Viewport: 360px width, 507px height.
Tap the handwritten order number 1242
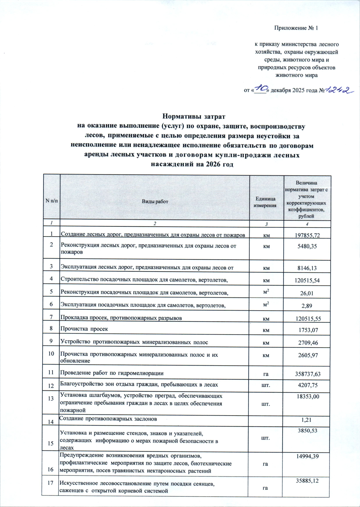pyautogui.click(x=339, y=90)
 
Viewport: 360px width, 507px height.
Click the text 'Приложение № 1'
pyautogui.click(x=296, y=28)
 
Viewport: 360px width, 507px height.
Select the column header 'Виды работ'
pyautogui.click(x=155, y=201)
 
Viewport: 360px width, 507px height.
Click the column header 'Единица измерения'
pyautogui.click(x=265, y=202)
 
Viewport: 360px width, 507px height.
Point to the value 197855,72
pyautogui.click(x=307, y=235)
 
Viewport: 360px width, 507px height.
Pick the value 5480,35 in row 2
pyautogui.click(x=307, y=246)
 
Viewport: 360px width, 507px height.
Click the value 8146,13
pyautogui.click(x=307, y=268)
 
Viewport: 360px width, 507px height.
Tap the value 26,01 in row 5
pyautogui.click(x=307, y=293)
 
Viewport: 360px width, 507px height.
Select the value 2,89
pyautogui.click(x=307, y=306)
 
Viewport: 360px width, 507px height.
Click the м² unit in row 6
pyautogui.click(x=266, y=304)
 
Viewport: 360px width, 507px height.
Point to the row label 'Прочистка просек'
pyautogui.click(x=84, y=329)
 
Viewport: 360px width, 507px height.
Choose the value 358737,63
pyautogui.click(x=307, y=374)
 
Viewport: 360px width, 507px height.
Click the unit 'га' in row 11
pyautogui.click(x=266, y=374)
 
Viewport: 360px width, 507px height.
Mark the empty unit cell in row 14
pyautogui.click(x=266, y=421)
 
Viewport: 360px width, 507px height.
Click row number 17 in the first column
pyautogui.click(x=50, y=483)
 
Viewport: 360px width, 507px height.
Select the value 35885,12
pyautogui.click(x=307, y=481)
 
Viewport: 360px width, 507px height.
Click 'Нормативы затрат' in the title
pyautogui.click(x=193, y=116)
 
